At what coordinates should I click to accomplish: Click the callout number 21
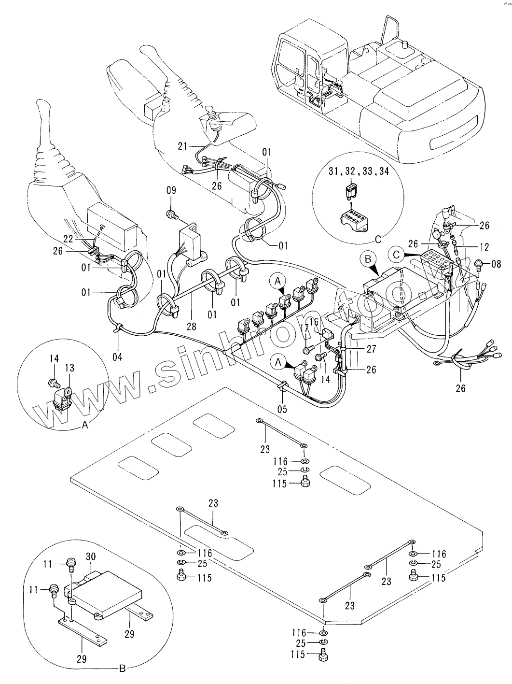pos(181,146)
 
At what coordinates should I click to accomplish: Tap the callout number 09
pos(171,191)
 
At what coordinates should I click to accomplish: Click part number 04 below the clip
pos(117,357)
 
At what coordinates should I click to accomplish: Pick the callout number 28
pos(192,327)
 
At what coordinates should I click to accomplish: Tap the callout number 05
pos(282,409)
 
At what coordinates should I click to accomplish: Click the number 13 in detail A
pos(70,368)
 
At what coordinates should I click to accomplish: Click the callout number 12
pos(484,247)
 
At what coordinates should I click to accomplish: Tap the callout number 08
pos(496,264)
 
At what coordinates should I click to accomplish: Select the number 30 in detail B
pos(91,556)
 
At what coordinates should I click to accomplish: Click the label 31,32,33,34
pos(359,171)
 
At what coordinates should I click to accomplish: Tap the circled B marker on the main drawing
pos(368,259)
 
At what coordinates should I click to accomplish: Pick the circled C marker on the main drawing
pos(396,253)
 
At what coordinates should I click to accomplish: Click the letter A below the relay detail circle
pos(85,425)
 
